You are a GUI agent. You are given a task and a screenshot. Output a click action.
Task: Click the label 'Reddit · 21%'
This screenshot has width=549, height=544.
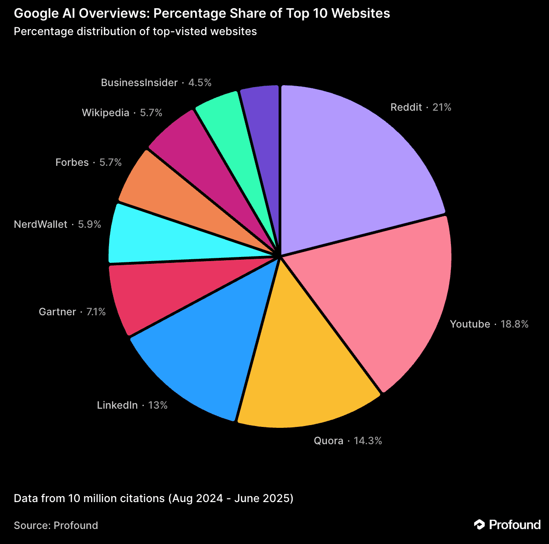click(x=421, y=108)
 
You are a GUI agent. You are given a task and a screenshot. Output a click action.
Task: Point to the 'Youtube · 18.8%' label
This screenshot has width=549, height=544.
click(x=489, y=324)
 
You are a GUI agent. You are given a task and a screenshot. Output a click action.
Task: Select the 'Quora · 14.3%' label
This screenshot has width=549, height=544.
click(x=347, y=441)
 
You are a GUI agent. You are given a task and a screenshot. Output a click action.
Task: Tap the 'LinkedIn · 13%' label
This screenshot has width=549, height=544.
click(x=132, y=405)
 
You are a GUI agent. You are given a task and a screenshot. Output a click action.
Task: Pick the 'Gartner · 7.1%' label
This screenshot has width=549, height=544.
click(x=72, y=312)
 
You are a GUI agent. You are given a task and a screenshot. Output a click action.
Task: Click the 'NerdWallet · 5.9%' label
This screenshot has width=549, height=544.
click(x=57, y=225)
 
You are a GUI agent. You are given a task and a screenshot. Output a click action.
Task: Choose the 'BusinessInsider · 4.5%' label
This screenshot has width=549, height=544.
click(x=156, y=83)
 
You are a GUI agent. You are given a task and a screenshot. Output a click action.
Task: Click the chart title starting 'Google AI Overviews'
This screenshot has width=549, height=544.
click(x=202, y=14)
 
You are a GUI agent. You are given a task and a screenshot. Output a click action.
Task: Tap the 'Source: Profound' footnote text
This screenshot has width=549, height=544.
click(x=56, y=525)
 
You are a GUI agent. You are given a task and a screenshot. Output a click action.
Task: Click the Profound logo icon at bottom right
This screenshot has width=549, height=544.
click(x=479, y=525)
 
